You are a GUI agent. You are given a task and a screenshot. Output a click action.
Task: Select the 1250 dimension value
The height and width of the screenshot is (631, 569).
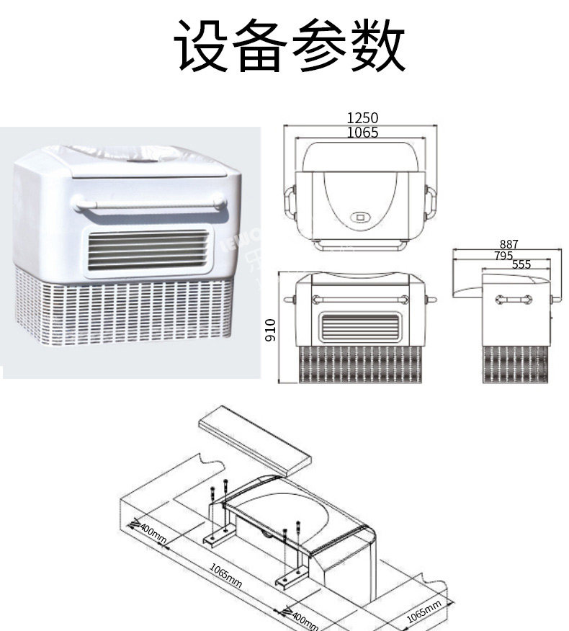(x=362, y=118)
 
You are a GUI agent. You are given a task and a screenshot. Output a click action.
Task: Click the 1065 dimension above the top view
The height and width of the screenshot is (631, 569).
(x=362, y=133)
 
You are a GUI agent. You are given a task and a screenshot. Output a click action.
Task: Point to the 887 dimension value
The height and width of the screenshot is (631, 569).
(x=508, y=245)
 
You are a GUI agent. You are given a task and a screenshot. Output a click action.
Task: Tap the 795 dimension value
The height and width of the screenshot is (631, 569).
(x=503, y=256)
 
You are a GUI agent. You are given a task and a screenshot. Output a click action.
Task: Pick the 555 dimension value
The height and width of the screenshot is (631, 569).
(x=521, y=265)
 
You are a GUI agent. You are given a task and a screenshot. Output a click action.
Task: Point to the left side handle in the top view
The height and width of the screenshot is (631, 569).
(x=290, y=202)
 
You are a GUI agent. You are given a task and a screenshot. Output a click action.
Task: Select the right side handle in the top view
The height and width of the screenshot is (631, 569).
(x=431, y=202)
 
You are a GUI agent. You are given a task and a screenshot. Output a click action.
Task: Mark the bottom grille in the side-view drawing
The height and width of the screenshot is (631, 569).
(x=514, y=364)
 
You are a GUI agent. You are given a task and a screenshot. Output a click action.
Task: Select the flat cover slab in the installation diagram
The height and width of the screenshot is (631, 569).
(x=255, y=436)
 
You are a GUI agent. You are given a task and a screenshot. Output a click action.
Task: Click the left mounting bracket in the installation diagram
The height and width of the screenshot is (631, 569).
(x=219, y=536)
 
